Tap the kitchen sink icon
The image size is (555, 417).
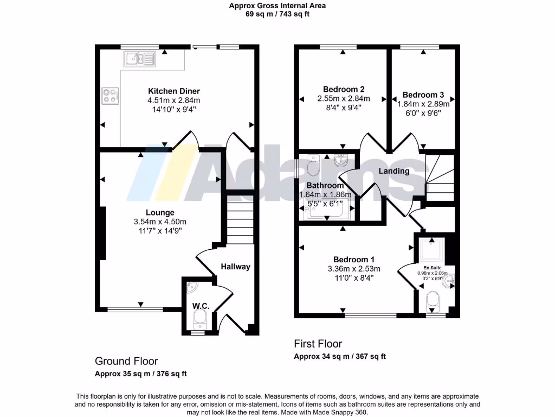[139, 59]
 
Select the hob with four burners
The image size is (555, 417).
[109, 96]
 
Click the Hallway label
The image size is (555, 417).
[235, 267]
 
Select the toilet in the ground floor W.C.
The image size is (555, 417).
[201, 319]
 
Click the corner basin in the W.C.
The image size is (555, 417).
[191, 286]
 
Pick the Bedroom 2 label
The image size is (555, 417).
[343, 89]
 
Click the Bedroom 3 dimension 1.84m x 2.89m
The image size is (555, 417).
[423, 104]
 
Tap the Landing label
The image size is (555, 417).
[393, 171]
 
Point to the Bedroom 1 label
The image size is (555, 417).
[354, 259]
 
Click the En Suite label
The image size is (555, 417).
[432, 268]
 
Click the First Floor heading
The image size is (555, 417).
[318, 344]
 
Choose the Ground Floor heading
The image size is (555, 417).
[126, 361]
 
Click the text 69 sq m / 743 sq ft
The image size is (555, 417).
[277, 14]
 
